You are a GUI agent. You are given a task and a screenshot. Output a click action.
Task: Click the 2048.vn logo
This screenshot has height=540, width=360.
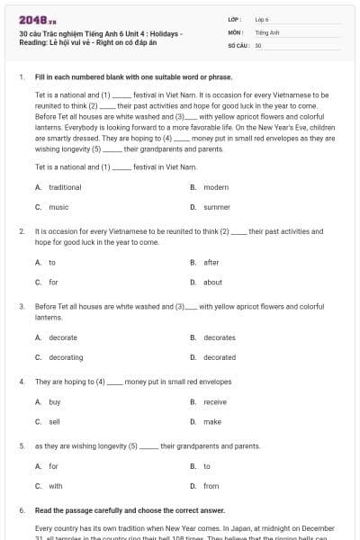click(x=31, y=19)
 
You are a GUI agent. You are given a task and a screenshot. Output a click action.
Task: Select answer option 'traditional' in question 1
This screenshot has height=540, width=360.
click(x=65, y=187)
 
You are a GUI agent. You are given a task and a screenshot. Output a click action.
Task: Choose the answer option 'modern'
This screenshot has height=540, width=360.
click(x=216, y=187)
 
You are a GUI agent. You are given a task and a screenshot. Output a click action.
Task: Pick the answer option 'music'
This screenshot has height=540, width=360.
click(x=58, y=207)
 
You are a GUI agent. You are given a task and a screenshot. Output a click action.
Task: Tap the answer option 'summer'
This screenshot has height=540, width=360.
click(x=217, y=207)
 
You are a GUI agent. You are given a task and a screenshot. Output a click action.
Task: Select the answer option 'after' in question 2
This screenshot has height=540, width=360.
click(x=211, y=262)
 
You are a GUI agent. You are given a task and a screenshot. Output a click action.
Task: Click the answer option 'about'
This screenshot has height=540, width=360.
click(x=212, y=282)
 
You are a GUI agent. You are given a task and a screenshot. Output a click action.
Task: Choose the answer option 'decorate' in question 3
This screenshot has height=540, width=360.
click(x=63, y=337)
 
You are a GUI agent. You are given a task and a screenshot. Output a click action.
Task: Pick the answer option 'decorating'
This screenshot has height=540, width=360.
click(x=66, y=357)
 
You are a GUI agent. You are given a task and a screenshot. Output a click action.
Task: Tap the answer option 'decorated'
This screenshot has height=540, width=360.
click(x=220, y=357)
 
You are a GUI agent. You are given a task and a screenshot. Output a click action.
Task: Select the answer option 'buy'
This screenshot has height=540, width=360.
click(x=55, y=401)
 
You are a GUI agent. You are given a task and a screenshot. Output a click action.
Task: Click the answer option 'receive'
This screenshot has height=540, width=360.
click(x=215, y=401)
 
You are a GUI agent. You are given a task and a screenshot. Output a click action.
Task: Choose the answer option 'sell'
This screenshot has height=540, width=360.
click(x=54, y=421)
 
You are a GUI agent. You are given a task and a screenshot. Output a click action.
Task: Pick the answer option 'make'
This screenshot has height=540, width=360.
click(x=212, y=421)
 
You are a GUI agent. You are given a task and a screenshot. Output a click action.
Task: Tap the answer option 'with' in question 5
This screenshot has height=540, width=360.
click(x=56, y=486)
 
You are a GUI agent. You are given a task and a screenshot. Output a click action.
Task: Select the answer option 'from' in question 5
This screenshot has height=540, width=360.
click(x=211, y=486)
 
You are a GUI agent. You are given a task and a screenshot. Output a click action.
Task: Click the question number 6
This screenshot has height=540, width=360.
click(x=22, y=510)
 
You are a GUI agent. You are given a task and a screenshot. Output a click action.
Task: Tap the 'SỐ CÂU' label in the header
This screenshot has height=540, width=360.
click(x=238, y=44)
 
